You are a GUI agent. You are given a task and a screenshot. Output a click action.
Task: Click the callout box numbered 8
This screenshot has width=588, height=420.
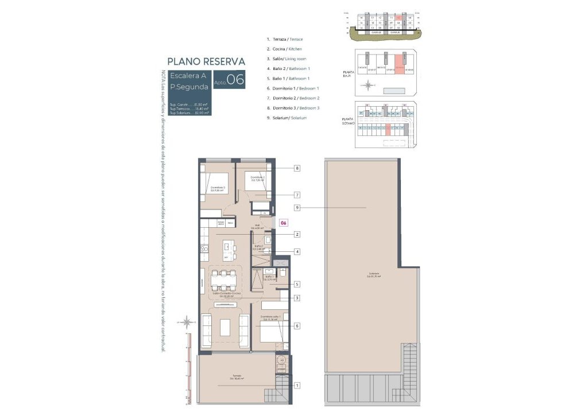tap(297, 168)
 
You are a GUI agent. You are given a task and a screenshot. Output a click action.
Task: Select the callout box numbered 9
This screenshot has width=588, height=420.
tap(297, 207)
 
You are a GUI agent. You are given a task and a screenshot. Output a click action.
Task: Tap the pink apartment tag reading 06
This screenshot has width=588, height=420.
tap(283, 223)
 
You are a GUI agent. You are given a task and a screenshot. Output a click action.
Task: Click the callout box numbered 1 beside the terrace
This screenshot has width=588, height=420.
tap(297, 386)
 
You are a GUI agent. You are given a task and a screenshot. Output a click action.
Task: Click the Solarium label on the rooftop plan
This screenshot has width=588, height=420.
tap(374, 275)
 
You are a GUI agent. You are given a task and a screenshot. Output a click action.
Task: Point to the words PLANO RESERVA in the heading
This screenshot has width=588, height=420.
tap(206, 61)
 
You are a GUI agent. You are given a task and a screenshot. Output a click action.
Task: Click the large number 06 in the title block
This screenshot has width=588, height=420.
tap(235, 80)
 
